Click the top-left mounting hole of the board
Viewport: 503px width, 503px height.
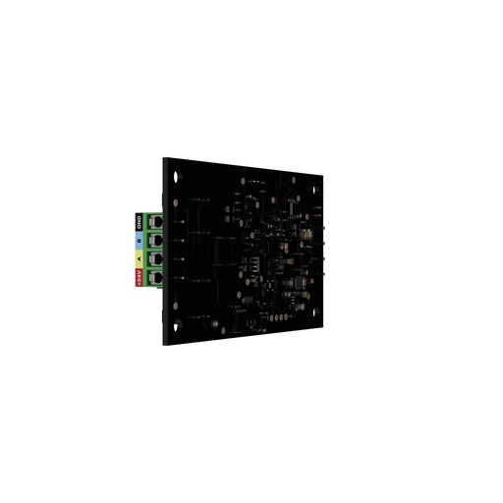[x=177, y=177]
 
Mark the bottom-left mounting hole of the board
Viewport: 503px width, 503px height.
[x=177, y=324]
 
